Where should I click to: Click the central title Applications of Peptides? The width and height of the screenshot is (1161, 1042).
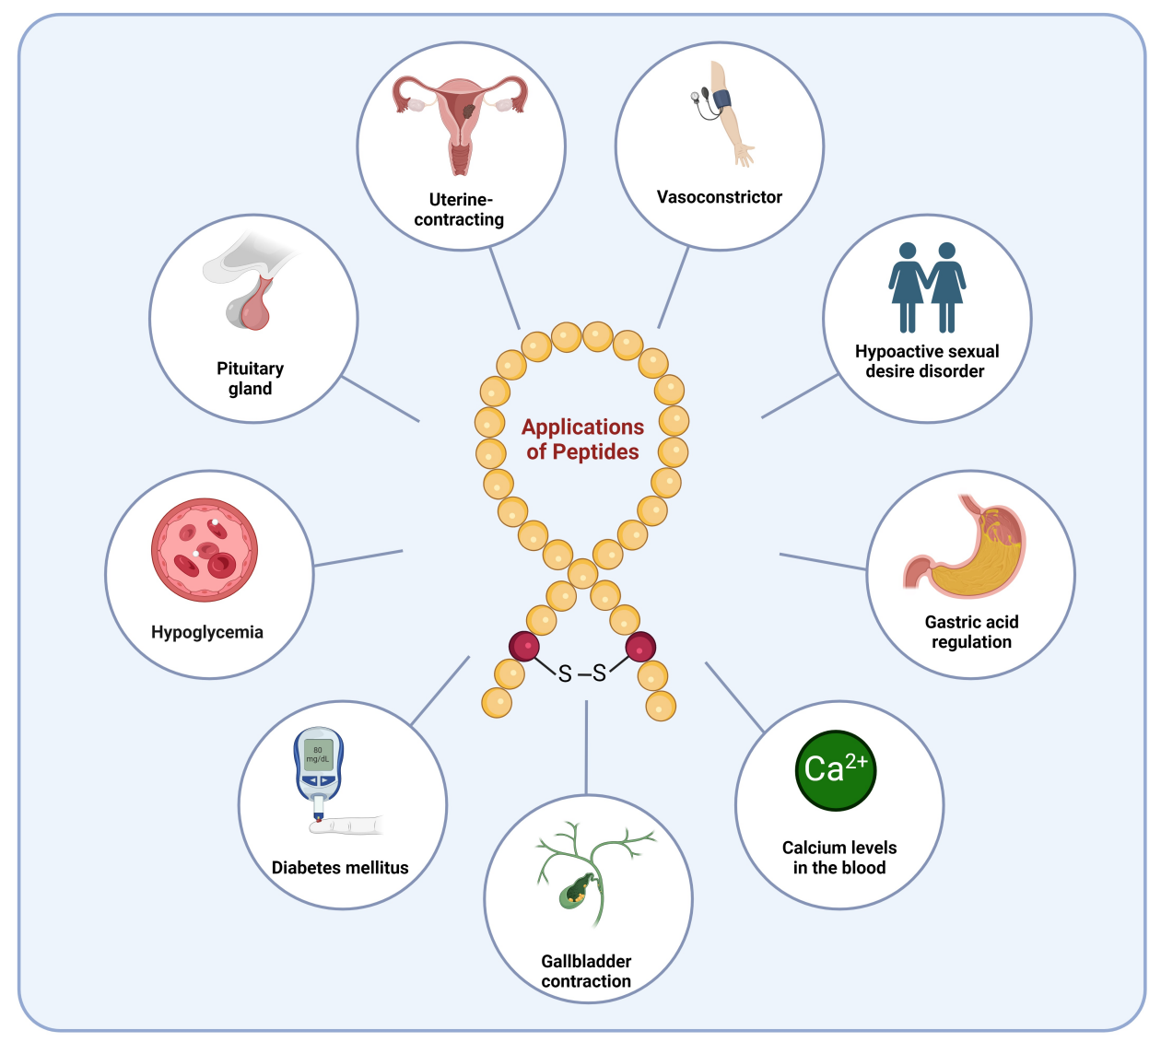582,439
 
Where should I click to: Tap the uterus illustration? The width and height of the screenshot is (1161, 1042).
460,120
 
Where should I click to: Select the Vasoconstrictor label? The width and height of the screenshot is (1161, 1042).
719,197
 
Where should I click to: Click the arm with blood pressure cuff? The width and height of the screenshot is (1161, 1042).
728,115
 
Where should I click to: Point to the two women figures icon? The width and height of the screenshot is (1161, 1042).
927,287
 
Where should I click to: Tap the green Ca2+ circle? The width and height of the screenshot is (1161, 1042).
835,770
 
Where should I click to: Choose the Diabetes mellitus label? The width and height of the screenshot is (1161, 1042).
340,868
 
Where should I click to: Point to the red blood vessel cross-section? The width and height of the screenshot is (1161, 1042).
205,550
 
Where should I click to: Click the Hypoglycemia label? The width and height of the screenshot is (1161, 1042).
207,633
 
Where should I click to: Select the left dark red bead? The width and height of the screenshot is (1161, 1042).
524,646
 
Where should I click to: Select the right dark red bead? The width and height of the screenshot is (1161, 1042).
640,647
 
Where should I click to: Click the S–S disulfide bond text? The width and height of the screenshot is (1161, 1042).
582,673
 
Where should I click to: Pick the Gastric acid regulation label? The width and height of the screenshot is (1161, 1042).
971,632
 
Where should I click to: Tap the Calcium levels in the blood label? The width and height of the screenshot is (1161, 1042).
839,858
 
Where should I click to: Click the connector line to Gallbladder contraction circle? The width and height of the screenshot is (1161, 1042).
586,746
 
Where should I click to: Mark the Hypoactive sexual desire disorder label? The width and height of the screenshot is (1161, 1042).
926,361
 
